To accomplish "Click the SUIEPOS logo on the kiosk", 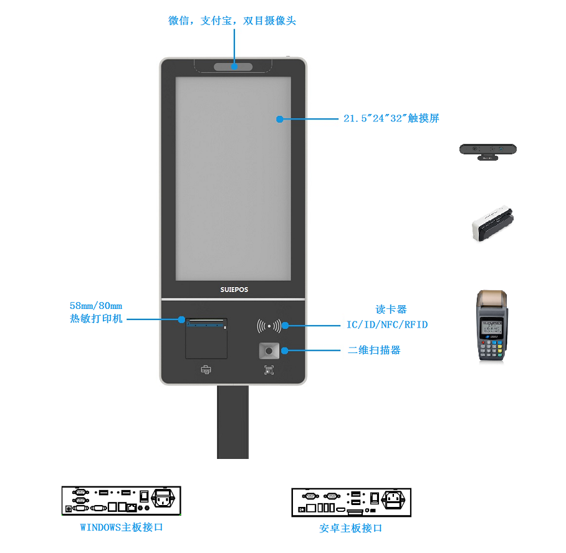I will coord(234,290).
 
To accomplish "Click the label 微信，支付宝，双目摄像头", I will coord(232,21).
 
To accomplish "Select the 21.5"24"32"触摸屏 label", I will coord(391,118).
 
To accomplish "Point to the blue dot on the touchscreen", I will coord(280,118).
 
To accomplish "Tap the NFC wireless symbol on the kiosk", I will coord(269,325).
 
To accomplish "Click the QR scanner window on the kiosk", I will coord(269,351).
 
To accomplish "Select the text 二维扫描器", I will coord(374,350).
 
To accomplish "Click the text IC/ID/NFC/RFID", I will coord(387,324).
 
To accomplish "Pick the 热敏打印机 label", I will coord(96,318).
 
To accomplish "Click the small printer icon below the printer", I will coord(206,370).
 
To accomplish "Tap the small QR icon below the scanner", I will coord(269,370).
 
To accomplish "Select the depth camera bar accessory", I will coord(487,150).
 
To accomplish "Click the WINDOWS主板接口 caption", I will coord(122,527).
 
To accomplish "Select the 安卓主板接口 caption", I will coord(350,528).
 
